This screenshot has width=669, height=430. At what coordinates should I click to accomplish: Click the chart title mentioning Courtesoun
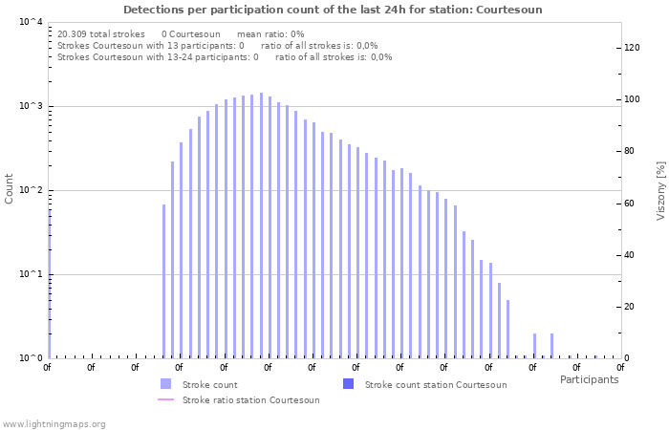coord(333,10)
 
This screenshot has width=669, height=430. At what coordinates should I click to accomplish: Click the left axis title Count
coord(10,188)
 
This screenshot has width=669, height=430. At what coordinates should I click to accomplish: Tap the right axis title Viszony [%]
coord(659,190)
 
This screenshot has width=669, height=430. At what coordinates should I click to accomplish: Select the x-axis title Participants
coord(589,379)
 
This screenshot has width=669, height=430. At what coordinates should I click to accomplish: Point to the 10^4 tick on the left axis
coord(32,22)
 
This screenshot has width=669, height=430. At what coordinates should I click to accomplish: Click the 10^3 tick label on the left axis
coord(32,106)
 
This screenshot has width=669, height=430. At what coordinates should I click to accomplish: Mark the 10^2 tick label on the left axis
coord(32,190)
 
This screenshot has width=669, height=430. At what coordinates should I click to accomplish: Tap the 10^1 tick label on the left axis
coord(32,274)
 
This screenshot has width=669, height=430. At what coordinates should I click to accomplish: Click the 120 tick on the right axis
coord(633,48)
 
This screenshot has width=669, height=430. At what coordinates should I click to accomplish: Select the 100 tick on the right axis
coord(633,99)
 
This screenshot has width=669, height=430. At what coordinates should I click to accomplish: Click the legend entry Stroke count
coord(209,384)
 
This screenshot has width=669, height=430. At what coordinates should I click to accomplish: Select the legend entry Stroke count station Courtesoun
coord(436,384)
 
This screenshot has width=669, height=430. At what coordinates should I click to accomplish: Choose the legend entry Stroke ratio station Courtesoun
coord(250,399)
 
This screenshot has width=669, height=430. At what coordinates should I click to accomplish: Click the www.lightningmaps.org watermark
coord(54,423)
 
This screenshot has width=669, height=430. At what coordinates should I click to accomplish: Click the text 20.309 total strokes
coord(101,33)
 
